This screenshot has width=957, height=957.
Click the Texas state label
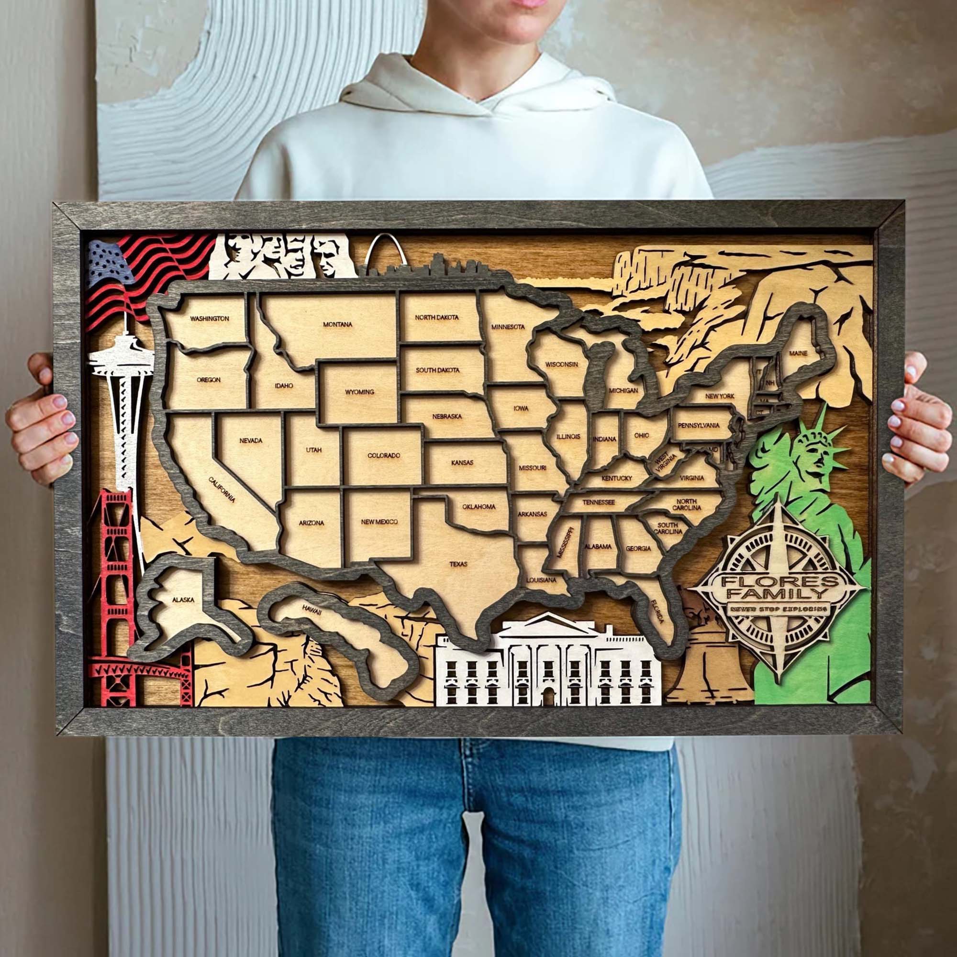458,563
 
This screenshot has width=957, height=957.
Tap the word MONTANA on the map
337,324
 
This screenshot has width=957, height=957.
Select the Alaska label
183,600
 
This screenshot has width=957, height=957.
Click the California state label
222,490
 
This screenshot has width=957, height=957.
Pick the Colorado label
383,455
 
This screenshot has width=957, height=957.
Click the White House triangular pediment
547,623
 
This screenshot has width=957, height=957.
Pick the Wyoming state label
360,392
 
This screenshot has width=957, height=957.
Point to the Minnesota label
508,327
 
